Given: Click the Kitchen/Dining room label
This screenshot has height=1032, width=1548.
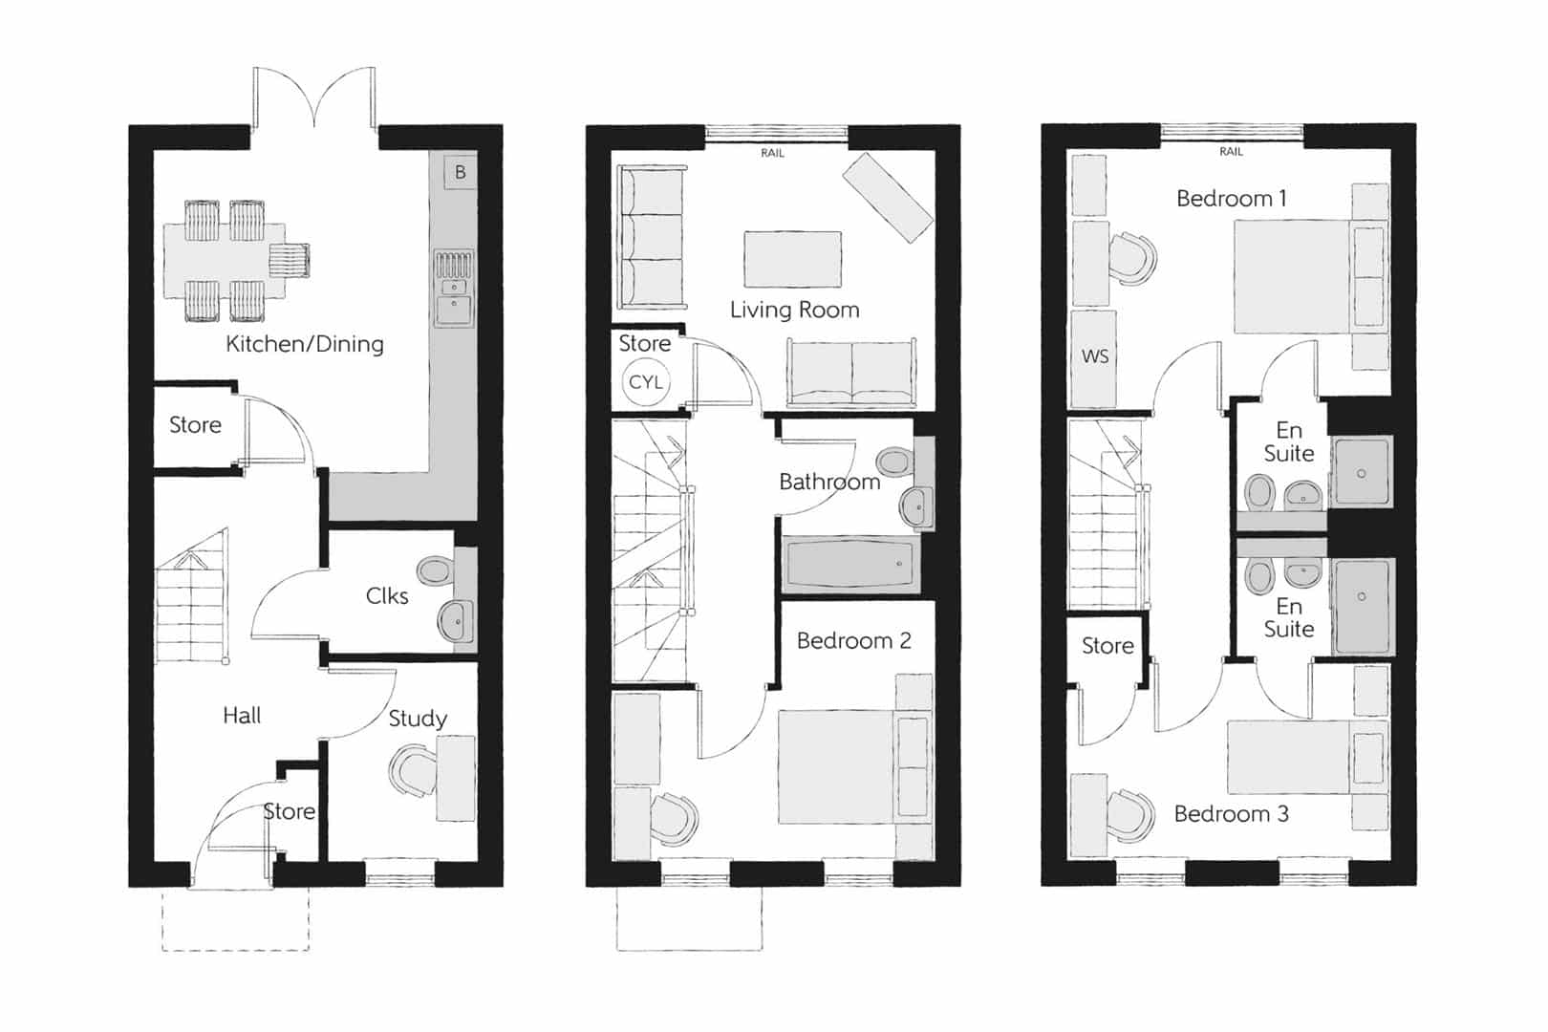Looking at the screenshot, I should (304, 344).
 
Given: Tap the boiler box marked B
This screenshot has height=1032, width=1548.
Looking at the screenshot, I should (460, 172).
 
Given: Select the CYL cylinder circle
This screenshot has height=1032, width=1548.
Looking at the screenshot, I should (645, 382).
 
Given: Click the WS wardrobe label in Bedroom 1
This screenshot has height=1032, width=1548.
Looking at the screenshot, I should (1095, 356).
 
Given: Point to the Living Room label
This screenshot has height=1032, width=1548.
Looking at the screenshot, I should (794, 310).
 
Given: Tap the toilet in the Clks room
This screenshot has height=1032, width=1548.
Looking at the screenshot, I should (435, 571).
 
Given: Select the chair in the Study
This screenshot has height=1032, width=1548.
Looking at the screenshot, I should (413, 770).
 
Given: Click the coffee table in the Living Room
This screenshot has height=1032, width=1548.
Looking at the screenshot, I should (792, 259).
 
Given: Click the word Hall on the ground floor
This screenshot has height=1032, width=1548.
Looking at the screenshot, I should (242, 715).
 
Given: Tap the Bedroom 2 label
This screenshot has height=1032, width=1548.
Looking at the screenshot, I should (853, 640).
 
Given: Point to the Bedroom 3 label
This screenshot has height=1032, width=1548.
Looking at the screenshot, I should (1231, 813).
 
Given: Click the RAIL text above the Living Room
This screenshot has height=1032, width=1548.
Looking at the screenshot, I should (772, 153).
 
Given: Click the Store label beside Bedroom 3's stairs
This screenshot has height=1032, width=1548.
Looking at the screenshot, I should (1107, 645).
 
